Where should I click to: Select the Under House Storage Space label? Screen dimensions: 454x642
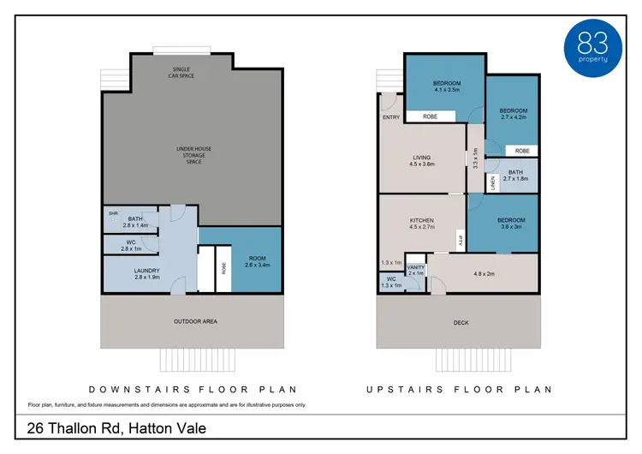[x=193, y=155]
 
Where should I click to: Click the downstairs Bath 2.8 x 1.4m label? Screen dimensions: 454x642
[x=136, y=222]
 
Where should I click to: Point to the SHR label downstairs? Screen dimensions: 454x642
[x=112, y=212]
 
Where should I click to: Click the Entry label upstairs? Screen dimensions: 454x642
[x=391, y=117]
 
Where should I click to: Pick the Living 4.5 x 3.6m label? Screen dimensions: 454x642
[x=422, y=160]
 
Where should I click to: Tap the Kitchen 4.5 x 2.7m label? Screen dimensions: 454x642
[x=421, y=224]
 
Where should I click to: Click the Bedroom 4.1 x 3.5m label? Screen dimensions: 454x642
[x=447, y=86]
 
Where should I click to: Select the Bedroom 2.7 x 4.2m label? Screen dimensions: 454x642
[x=514, y=114]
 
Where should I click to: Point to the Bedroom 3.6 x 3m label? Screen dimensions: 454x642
[x=513, y=224]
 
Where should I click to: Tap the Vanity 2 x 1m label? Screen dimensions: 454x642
[x=416, y=270]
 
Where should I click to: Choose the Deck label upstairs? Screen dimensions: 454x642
[x=461, y=322]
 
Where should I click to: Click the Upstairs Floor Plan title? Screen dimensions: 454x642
[x=460, y=389]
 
